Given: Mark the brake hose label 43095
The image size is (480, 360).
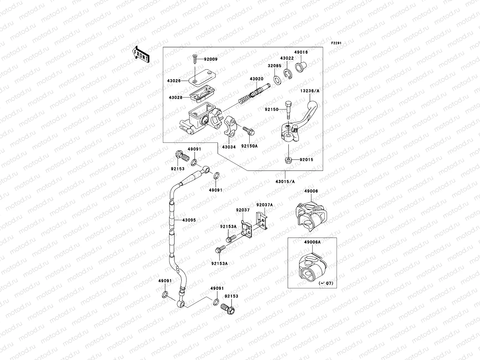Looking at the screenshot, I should [x=188, y=220].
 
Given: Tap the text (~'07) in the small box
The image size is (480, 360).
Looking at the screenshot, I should [x=326, y=283].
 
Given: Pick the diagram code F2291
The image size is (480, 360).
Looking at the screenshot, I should [x=336, y=43].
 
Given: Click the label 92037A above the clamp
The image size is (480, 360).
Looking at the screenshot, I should [x=264, y=205].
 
